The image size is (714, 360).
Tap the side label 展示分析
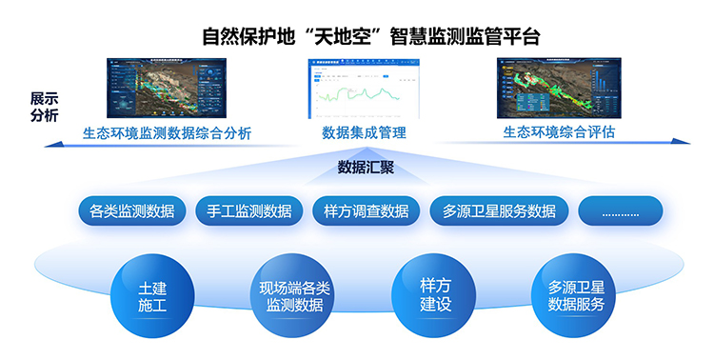click(x=44, y=107)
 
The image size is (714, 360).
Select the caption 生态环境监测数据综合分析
click(x=167, y=133)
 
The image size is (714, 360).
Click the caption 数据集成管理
click(x=365, y=133)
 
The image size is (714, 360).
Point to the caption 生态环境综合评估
click(x=559, y=132)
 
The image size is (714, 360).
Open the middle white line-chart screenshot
click(x=364, y=89)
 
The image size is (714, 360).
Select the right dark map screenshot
click(x=559, y=89)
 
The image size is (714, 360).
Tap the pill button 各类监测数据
click(x=131, y=210)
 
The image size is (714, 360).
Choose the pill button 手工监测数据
click(x=248, y=210)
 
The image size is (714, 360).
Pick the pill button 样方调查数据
click(x=366, y=210)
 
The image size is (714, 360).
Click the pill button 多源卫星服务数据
click(x=499, y=210)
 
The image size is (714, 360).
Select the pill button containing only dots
click(x=620, y=210)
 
